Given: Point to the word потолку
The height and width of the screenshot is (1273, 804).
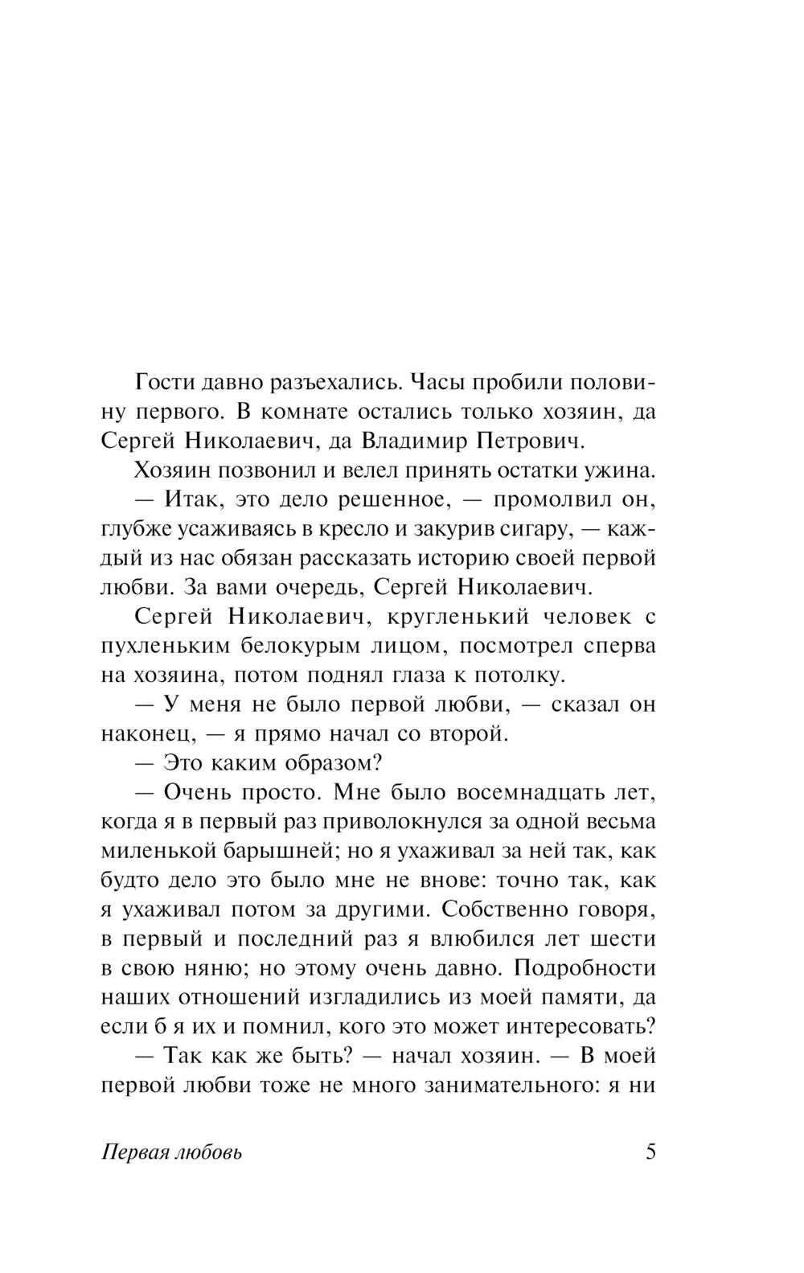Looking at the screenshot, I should click(x=523, y=675).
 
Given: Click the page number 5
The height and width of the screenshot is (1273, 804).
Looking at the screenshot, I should click(x=650, y=1152).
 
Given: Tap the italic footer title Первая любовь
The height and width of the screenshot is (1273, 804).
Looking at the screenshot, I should click(x=173, y=1152).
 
